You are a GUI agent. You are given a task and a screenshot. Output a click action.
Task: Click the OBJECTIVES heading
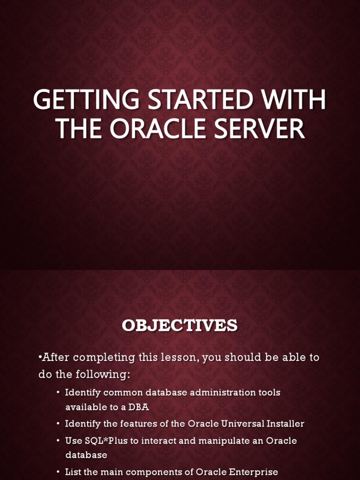(180, 325)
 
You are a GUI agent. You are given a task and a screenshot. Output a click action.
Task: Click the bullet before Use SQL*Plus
(58, 441)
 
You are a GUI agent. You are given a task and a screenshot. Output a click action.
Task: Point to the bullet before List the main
(58, 472)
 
